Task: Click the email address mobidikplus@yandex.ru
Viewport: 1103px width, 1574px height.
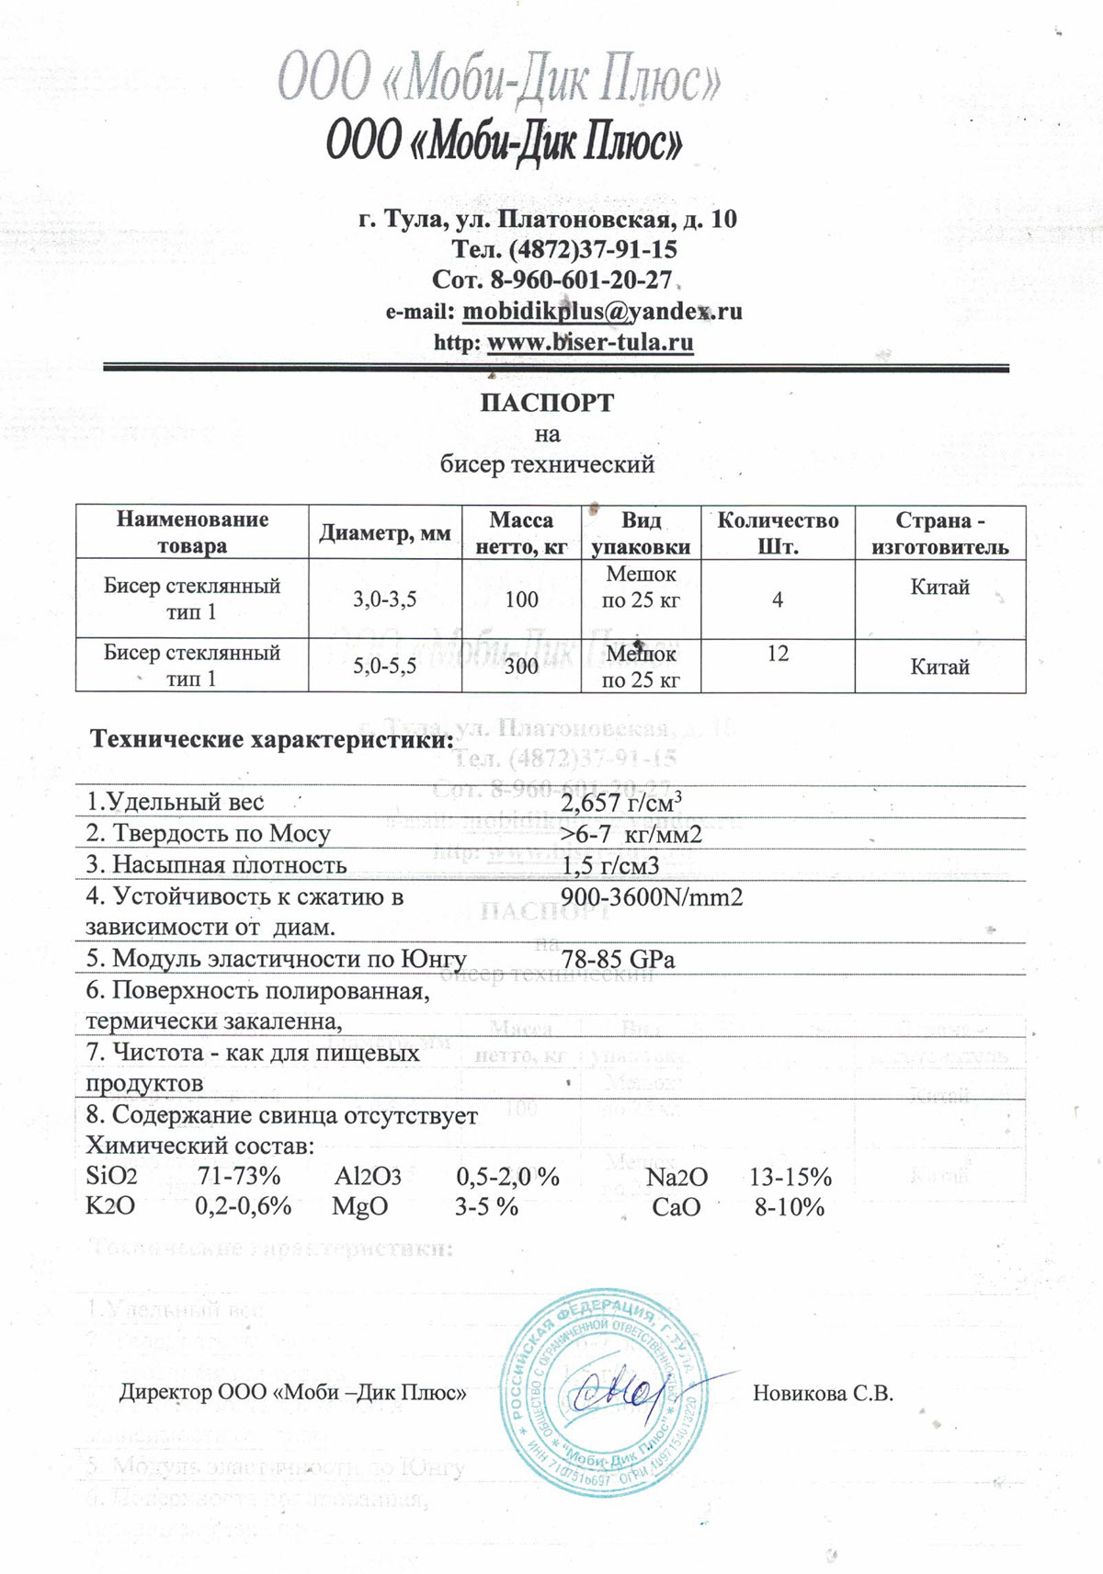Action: coord(602,311)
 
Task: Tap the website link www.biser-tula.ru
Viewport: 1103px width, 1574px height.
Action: coord(589,342)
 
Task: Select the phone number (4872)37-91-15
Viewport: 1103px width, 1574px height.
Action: coord(591,249)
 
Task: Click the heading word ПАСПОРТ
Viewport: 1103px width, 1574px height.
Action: coord(547,403)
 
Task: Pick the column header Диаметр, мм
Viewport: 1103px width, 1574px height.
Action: coord(384,533)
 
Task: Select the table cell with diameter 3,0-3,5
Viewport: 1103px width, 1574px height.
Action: coord(384,599)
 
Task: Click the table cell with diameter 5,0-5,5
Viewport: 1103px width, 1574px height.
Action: coord(384,666)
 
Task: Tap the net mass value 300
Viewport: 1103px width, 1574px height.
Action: coord(521,666)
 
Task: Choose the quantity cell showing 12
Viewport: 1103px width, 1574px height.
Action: coord(778,654)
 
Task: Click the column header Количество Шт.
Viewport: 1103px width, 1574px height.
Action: coord(778,533)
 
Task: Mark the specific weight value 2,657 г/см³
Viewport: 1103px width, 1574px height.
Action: coord(621,803)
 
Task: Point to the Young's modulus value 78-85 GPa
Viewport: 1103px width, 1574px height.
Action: coord(618,959)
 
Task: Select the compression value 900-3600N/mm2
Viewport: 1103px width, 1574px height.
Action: coord(651,896)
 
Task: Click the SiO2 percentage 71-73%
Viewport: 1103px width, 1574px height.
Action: coord(239,1177)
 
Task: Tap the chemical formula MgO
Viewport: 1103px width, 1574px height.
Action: coord(359,1207)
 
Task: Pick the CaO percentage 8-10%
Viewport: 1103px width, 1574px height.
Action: coord(790,1207)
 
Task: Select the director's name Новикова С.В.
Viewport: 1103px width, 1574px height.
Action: coord(823,1393)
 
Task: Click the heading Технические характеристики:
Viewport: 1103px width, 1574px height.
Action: coord(272,739)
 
